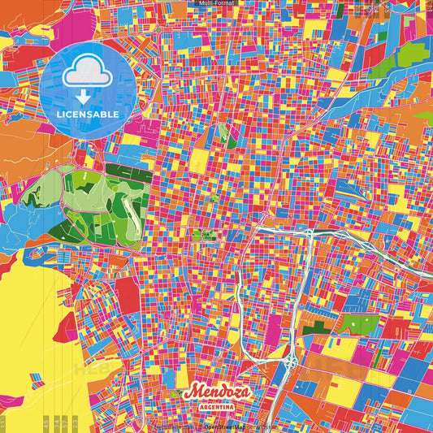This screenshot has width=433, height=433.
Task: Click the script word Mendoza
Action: pos(217,392)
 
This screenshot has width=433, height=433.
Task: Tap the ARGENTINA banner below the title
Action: pos(218,405)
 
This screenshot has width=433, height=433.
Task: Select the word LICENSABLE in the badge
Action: pos(89,115)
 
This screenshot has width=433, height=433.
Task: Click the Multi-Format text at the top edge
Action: pos(216,3)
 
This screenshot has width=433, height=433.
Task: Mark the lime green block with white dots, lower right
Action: pos(356,324)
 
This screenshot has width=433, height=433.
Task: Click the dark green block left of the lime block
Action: pos(323,327)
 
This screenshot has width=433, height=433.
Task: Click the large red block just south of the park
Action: pos(128,292)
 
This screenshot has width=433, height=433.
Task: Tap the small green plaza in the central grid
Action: pos(197,236)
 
